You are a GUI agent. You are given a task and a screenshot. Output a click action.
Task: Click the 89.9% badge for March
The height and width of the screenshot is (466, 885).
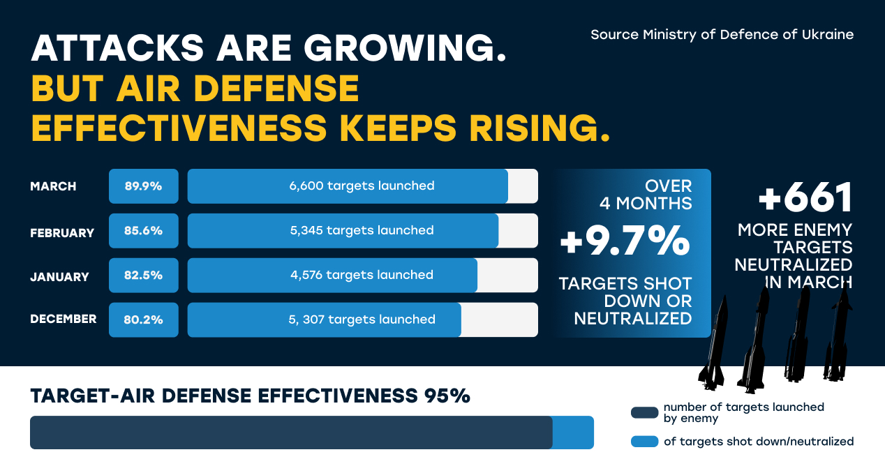coord(143,186)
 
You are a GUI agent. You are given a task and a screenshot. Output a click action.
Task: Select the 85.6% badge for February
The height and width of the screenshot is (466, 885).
coord(143,231)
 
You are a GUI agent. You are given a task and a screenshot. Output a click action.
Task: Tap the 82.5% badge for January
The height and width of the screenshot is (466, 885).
coord(143,276)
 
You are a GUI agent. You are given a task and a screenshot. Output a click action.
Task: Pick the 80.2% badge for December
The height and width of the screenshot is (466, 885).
coord(143,320)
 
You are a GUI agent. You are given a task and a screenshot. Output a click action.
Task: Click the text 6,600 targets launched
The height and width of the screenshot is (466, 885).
coord(362,186)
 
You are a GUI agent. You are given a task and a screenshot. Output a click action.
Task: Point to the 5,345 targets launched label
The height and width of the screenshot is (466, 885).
coord(362,231)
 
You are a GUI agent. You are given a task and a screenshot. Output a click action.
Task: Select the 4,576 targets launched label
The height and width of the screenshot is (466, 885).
coord(362,276)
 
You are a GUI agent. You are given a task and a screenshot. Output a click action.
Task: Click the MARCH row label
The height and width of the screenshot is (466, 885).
coord(53,187)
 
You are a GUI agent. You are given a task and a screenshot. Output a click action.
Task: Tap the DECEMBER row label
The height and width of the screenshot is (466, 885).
coord(63,320)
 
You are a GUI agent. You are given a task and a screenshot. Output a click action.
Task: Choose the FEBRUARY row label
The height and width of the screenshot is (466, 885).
coord(61,233)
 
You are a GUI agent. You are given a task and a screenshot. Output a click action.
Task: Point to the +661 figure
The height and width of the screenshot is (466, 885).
coord(805,197)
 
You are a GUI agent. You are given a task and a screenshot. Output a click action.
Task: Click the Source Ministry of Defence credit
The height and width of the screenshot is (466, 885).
coord(722,35)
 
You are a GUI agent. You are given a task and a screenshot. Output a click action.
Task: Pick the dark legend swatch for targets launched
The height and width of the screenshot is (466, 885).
coord(644,412)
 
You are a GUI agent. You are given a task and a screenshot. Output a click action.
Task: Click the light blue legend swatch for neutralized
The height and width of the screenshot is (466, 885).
coord(644,442)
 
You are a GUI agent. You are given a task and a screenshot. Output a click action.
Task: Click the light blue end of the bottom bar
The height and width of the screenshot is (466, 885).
coord(573,433)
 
